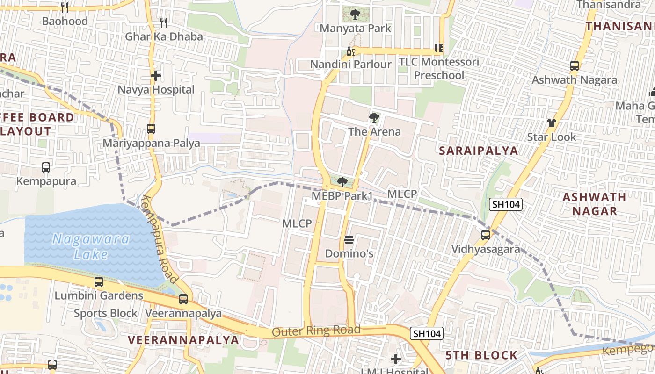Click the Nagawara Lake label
91,246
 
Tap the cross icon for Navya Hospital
156,75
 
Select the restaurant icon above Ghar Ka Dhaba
164,22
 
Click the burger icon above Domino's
349,240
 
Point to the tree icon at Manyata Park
355,14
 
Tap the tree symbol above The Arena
374,117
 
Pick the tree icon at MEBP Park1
342,182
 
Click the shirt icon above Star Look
552,123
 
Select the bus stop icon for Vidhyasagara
486,235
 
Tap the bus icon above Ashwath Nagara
575,66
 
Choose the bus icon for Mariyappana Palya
151,129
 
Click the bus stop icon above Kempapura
46,167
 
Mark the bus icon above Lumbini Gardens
99,282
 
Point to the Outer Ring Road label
316,331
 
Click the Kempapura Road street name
160,240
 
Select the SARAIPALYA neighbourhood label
479,151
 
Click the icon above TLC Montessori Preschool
438,48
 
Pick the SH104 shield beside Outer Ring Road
427,333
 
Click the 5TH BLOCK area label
481,355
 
